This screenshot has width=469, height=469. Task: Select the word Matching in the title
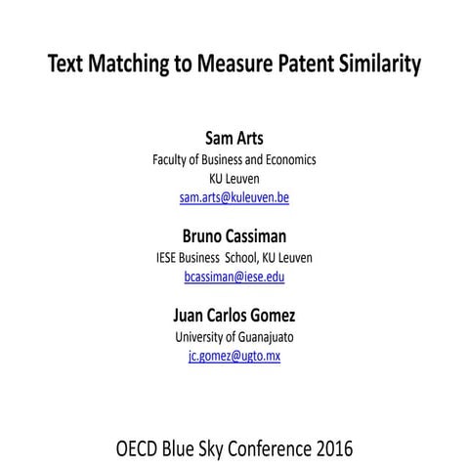[129, 65]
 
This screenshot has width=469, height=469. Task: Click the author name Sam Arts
[234, 137]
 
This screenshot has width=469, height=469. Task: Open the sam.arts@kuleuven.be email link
[234, 197]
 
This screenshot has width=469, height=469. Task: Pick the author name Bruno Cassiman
[234, 235]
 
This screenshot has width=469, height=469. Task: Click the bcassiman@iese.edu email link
[234, 277]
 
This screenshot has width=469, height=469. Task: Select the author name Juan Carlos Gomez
[234, 316]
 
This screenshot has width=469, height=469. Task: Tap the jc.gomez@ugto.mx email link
[234, 356]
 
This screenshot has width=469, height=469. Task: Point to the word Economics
[287, 159]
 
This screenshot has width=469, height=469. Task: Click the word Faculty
[173, 159]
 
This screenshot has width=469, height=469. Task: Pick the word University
[201, 336]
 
